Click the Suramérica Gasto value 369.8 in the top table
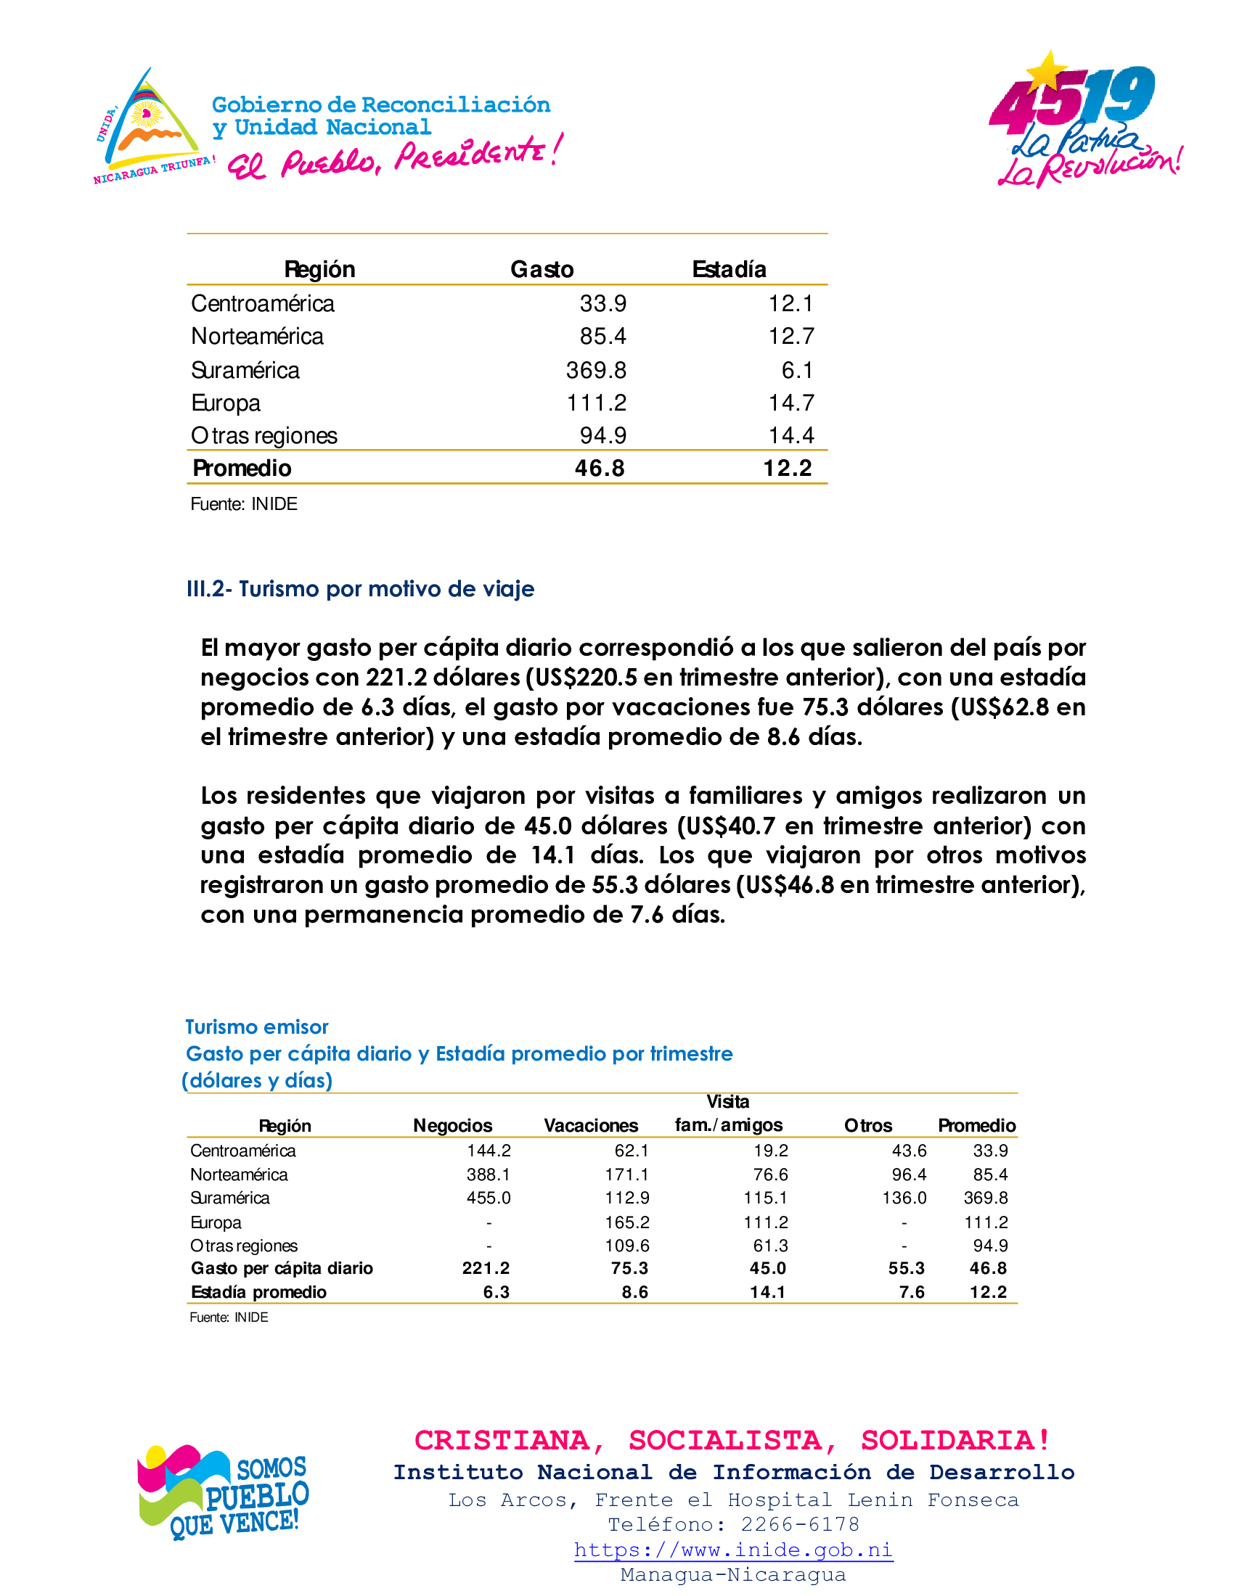(596, 371)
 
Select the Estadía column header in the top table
(729, 270)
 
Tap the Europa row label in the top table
(226, 403)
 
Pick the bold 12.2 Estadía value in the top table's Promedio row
(788, 469)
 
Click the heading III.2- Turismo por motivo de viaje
(361, 589)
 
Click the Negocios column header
(452, 1125)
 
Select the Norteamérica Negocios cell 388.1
(489, 1175)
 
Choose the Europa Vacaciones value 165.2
(626, 1222)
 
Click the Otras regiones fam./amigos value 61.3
(770, 1245)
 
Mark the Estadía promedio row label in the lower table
(259, 1292)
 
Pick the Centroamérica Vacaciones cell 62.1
(632, 1151)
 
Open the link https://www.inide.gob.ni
(733, 1550)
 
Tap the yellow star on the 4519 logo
(1047, 71)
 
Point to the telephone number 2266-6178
(800, 1524)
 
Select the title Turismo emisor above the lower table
(256, 1027)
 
